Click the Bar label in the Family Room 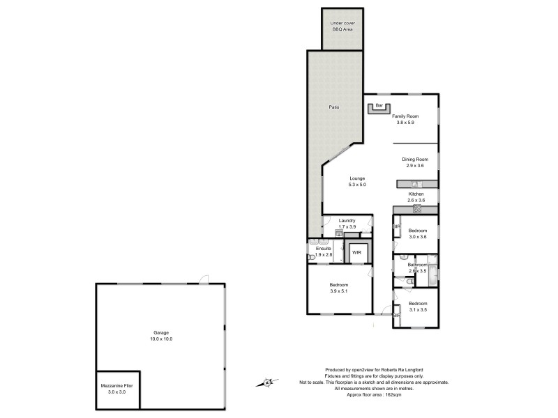379,105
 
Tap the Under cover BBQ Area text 342,26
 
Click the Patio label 334,107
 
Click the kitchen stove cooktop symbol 417,208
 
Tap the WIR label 356,252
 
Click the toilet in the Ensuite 312,257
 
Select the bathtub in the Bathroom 432,274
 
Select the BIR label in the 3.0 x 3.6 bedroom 397,226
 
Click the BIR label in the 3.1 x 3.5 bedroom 397,315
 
